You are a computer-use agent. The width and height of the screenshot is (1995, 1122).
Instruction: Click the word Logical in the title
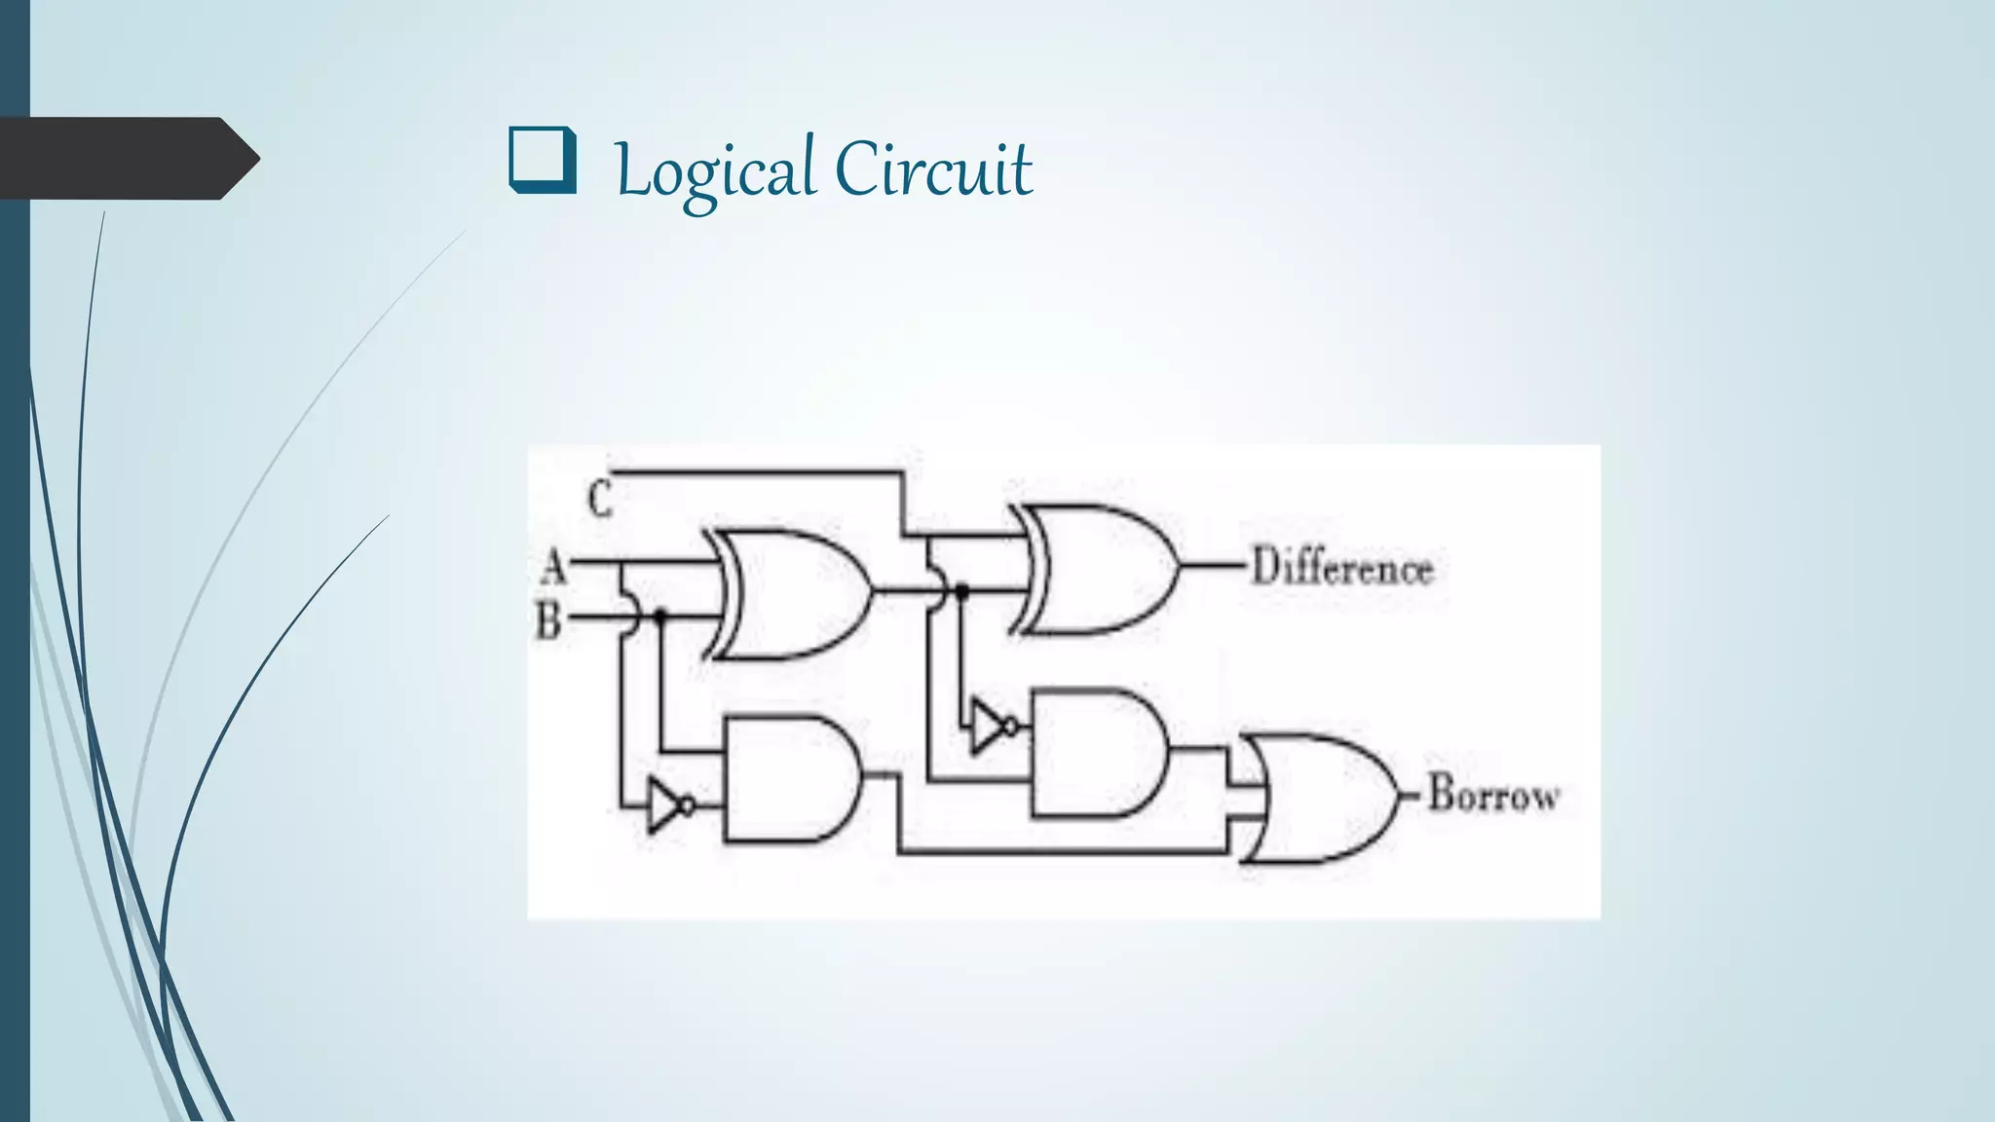tap(715, 171)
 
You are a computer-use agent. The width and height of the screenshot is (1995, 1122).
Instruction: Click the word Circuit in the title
tap(933, 169)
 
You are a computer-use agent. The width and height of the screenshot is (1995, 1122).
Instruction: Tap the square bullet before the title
tap(542, 161)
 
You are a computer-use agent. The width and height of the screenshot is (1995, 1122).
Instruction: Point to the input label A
tap(553, 564)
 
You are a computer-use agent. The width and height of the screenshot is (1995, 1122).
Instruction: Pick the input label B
tap(548, 620)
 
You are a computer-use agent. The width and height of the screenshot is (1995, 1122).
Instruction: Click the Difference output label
tap(1342, 568)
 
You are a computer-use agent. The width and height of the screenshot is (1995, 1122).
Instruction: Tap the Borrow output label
tap(1493, 795)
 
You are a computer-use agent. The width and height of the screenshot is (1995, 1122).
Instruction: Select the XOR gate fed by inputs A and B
tap(794, 594)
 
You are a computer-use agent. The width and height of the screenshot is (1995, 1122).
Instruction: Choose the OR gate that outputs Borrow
tap(1320, 799)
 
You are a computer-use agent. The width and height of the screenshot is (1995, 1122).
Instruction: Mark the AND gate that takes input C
tap(1097, 752)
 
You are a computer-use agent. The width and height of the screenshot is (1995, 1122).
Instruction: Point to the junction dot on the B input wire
tap(660, 616)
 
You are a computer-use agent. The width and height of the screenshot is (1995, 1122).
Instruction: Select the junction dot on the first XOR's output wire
tap(962, 590)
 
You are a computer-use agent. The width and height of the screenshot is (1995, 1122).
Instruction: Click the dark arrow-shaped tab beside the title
tap(127, 158)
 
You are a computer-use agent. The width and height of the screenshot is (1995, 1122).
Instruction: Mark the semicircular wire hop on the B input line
tap(629, 616)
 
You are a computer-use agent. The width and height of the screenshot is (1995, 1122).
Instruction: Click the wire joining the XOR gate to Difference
tap(1213, 566)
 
